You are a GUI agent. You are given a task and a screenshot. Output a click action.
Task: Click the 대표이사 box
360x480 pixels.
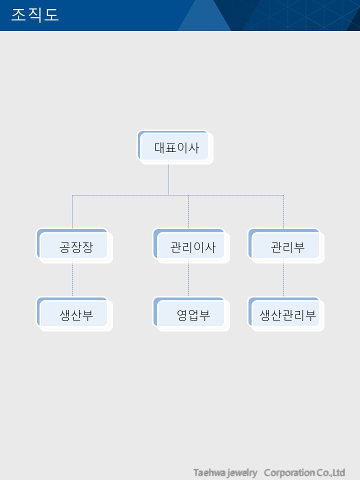175,147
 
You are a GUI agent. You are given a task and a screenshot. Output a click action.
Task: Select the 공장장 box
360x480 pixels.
74,246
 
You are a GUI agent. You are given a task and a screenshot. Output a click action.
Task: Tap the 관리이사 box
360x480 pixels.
191,246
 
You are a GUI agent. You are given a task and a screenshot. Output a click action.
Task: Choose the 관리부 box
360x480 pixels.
286,246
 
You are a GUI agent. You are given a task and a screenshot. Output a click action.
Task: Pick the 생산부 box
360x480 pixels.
74,314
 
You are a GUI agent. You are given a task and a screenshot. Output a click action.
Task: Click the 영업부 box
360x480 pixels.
191,314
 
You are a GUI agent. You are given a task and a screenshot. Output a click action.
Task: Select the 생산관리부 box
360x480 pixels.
286,314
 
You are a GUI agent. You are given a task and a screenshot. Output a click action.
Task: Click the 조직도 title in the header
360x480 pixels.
35,14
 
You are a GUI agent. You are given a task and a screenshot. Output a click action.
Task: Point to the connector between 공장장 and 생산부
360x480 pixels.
72,277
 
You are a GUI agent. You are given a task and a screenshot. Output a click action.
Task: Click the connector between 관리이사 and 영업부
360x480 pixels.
188,277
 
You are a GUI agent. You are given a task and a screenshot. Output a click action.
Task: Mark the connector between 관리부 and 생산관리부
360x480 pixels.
284,277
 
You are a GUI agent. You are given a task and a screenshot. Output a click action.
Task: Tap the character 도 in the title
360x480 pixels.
51,14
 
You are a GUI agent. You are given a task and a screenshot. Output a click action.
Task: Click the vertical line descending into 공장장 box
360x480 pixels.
72,212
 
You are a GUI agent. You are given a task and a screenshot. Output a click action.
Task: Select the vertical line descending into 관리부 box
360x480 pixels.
284,212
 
